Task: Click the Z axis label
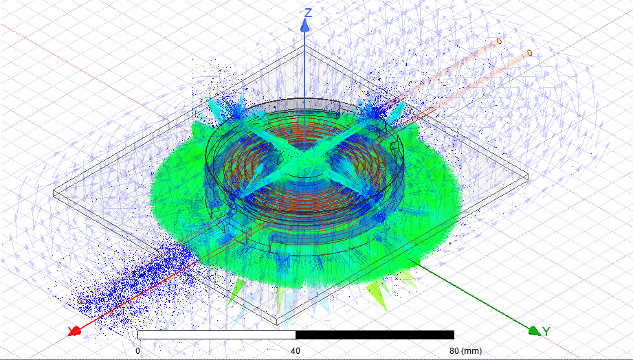coord(308,13)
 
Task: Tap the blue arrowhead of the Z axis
coord(304,26)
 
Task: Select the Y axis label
coord(546,332)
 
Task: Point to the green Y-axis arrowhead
coord(535,330)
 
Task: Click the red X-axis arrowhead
coord(75,332)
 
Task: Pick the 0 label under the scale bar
coord(137,350)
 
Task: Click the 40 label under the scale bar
coord(296,350)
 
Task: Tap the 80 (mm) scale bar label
coord(465,350)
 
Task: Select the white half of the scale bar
coord(216,335)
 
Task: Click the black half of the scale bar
coord(375,335)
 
